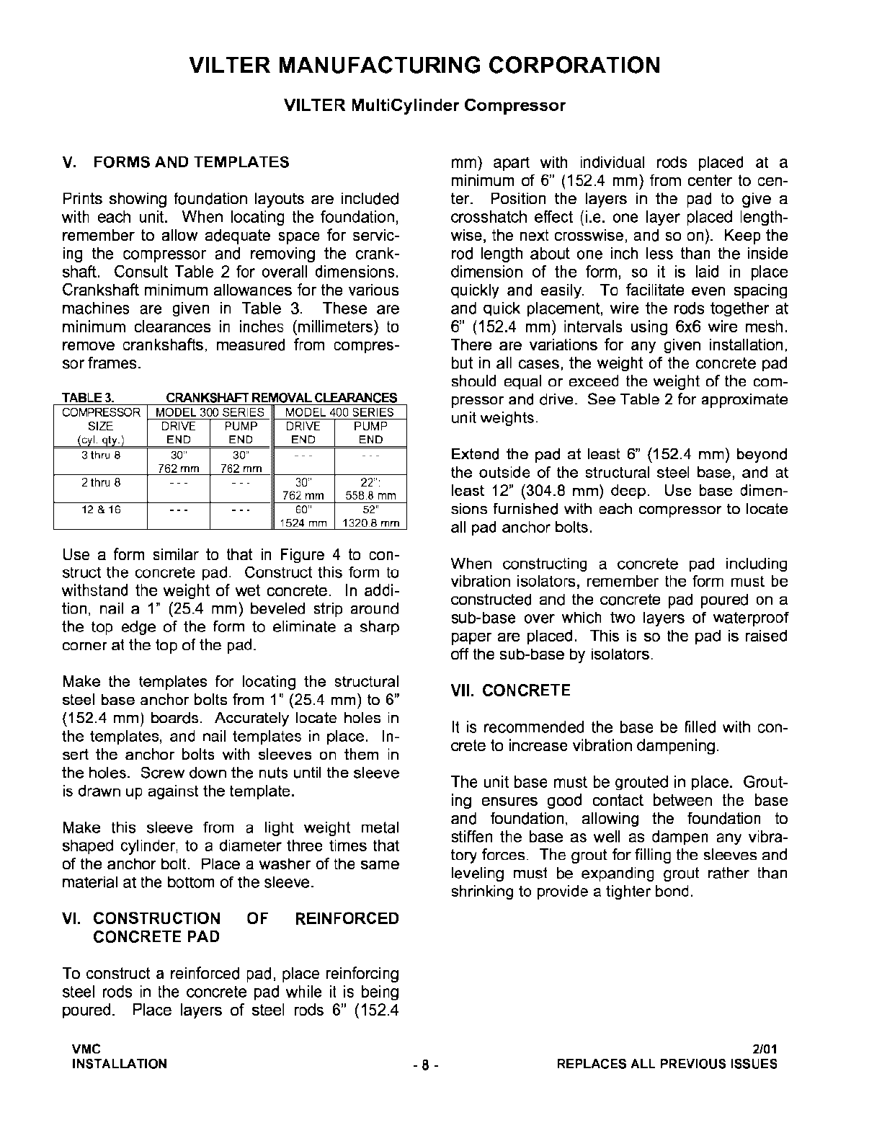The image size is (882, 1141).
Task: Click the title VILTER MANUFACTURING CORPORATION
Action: click(424, 66)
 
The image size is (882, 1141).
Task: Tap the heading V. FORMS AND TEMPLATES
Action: click(176, 162)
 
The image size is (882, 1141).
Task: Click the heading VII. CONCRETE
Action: click(510, 691)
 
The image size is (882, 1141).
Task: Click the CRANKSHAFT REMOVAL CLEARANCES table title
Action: click(281, 398)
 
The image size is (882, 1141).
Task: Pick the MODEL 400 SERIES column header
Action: click(339, 412)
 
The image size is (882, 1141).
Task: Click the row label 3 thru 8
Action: click(101, 456)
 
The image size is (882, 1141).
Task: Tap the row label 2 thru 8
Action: click(101, 483)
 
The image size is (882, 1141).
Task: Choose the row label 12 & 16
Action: click(101, 510)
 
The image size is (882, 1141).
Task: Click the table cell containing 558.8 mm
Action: click(370, 496)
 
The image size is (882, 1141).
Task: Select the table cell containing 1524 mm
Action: click(303, 523)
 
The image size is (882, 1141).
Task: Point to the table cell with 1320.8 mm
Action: click(370, 523)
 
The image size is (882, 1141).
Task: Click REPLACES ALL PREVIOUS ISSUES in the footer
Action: click(667, 1064)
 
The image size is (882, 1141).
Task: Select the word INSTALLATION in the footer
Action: click(119, 1064)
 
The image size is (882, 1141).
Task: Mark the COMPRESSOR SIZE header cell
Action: click(101, 426)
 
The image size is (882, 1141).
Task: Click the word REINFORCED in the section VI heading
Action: click(347, 918)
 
